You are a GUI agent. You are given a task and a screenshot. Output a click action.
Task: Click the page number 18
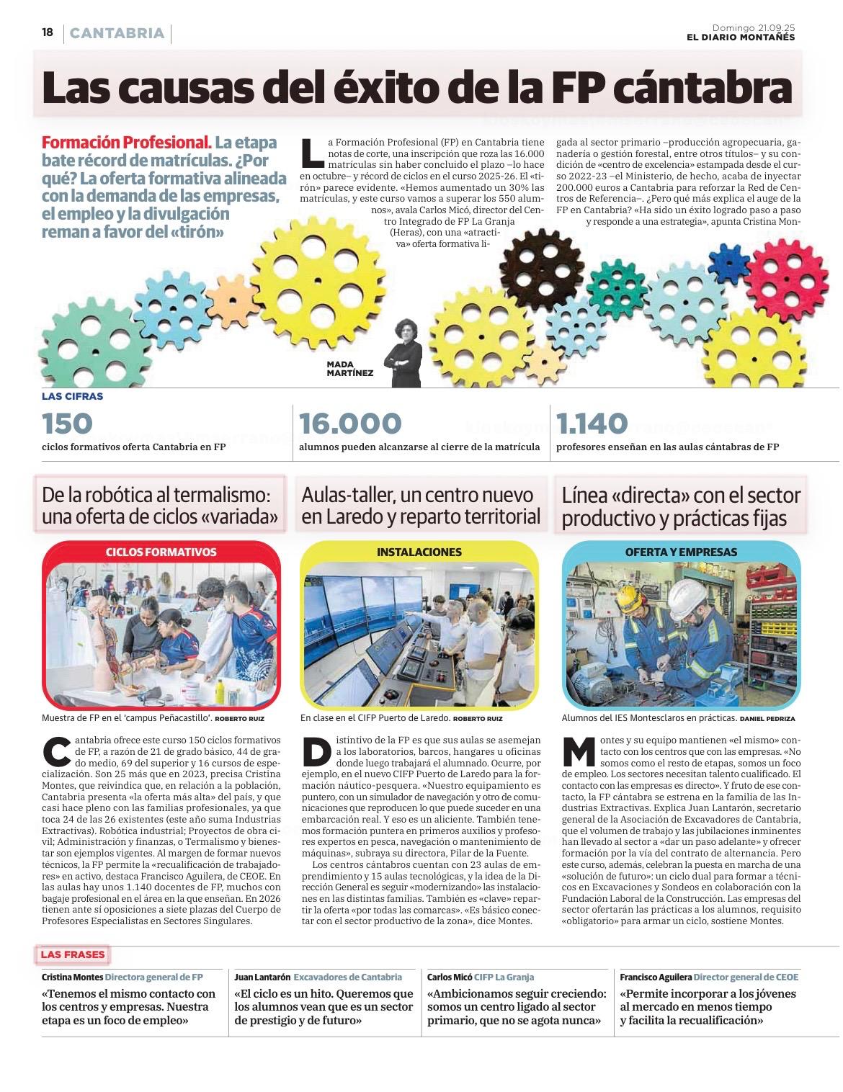48,32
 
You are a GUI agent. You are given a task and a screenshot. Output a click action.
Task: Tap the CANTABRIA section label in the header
117,33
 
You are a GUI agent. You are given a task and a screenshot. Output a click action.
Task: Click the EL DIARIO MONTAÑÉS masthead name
741,37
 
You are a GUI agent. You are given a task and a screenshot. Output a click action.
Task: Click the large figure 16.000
349,424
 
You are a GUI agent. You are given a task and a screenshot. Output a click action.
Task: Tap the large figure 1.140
593,424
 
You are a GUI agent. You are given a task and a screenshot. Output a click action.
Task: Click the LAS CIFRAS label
72,396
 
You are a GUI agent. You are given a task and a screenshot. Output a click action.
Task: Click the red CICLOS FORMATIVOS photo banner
161,552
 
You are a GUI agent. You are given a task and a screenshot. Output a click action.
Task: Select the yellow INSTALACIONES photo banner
419,552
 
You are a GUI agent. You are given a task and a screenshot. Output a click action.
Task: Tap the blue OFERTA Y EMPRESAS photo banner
681,552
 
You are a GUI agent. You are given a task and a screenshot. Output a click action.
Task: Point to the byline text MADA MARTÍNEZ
349,369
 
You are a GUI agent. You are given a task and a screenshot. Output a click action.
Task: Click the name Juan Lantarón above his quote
262,977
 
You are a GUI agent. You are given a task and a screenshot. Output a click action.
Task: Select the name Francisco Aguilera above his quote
655,977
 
